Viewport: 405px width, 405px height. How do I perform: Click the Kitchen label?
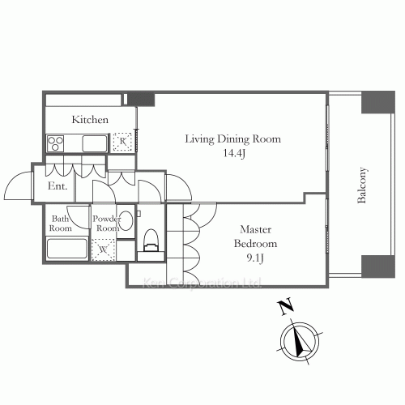click(x=90, y=120)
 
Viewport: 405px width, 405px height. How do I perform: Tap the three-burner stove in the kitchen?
click(x=56, y=143)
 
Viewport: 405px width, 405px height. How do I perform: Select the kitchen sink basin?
click(x=95, y=143)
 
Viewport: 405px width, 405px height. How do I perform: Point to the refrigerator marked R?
click(x=122, y=142)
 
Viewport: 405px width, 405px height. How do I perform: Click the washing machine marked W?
click(x=104, y=250)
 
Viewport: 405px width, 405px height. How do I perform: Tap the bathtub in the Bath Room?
click(x=67, y=249)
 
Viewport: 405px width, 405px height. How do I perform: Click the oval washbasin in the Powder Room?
click(x=126, y=220)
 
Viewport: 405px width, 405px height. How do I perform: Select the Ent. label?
click(x=58, y=185)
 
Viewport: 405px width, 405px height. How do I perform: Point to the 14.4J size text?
click(x=234, y=153)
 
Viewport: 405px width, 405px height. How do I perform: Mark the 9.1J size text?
click(x=255, y=258)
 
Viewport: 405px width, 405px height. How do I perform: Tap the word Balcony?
click(x=362, y=185)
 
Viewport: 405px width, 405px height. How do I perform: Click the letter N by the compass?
click(x=285, y=306)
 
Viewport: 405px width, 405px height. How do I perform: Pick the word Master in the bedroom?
click(x=255, y=229)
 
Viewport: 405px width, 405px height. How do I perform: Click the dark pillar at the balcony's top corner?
click(x=378, y=102)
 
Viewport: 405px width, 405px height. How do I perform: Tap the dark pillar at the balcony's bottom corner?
click(x=378, y=266)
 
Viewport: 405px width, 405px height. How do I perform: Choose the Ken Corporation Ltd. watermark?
click(x=202, y=283)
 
